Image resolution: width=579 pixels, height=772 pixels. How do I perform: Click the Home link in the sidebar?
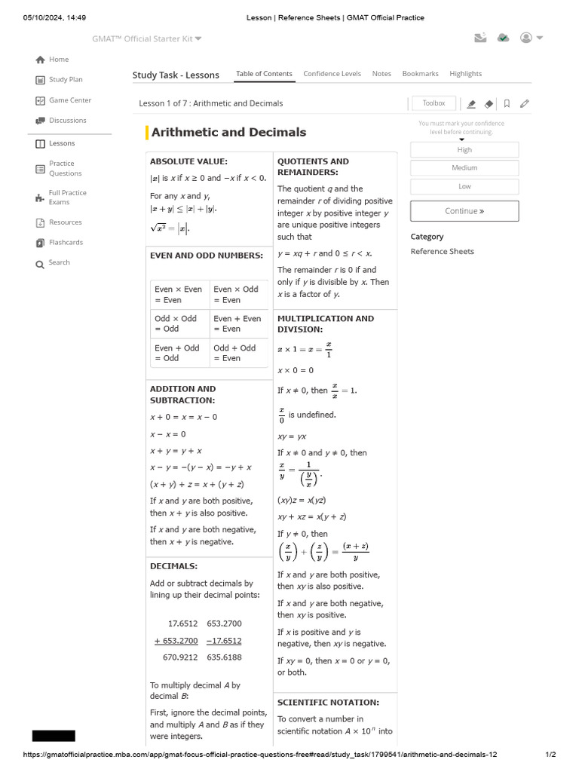58,60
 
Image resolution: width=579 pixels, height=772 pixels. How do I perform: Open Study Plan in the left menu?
66,80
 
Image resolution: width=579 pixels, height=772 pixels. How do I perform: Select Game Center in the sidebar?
69,100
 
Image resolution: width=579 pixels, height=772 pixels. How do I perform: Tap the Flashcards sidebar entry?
66,243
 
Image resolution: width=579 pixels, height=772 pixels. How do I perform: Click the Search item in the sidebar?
59,263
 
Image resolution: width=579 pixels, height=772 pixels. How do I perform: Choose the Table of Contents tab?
264,74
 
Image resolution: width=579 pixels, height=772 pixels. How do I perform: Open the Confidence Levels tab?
332,74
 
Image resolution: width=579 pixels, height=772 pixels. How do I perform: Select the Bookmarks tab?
420,74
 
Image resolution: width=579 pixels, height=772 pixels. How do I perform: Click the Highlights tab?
465,74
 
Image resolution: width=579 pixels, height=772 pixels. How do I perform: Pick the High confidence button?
464,150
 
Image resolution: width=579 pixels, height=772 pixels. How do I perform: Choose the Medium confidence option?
464,168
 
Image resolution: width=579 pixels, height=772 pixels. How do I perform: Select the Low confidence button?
464,186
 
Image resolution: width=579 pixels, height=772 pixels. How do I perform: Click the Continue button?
464,211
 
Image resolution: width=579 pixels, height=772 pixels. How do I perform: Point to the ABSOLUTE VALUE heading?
188,161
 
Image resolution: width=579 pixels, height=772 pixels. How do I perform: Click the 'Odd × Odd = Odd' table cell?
179,323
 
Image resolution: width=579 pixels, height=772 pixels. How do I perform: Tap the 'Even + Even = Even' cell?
238,323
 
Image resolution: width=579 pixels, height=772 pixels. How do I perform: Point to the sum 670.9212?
180,657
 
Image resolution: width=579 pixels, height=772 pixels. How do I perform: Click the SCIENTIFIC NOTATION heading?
328,703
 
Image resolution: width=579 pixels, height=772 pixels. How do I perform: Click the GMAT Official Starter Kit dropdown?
147,38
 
